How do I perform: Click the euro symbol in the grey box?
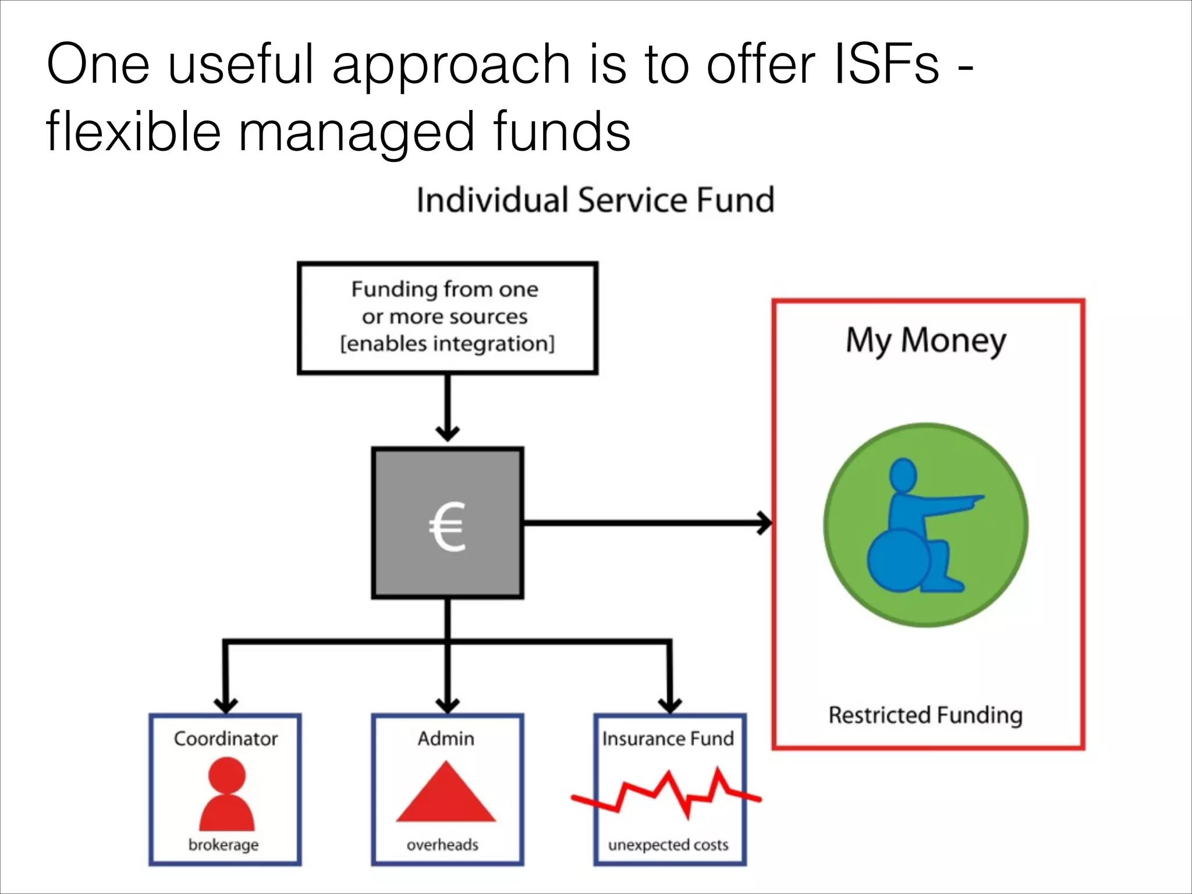click(x=447, y=526)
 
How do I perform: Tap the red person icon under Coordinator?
click(x=226, y=794)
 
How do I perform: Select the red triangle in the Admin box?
click(x=446, y=794)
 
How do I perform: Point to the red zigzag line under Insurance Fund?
click(x=667, y=794)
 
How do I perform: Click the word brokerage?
click(x=223, y=845)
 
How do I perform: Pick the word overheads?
click(x=442, y=845)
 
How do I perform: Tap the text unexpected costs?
click(x=668, y=845)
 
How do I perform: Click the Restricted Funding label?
click(x=925, y=715)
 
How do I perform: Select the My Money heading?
click(x=925, y=340)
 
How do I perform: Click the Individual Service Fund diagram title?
click(x=595, y=200)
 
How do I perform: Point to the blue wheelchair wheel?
click(x=898, y=561)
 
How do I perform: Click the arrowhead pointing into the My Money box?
click(x=765, y=523)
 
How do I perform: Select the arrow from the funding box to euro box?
click(x=447, y=407)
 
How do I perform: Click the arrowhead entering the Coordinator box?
click(x=226, y=704)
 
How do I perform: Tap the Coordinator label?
click(x=226, y=739)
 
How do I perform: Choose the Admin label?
click(x=446, y=739)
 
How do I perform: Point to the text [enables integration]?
click(x=447, y=343)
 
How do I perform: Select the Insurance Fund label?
click(x=668, y=739)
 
